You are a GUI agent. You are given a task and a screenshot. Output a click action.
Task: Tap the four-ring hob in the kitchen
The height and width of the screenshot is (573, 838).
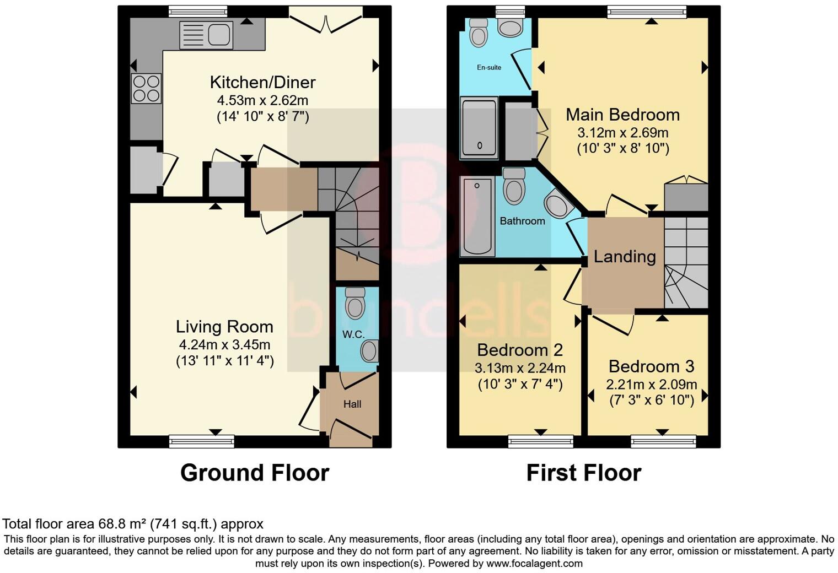(x=146, y=89)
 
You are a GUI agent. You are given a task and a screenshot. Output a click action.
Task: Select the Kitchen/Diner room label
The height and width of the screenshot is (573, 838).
(x=262, y=83)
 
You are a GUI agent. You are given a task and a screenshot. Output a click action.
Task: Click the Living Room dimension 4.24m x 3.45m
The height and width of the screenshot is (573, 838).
(x=224, y=345)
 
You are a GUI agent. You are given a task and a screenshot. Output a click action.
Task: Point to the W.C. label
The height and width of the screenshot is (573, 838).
(x=353, y=334)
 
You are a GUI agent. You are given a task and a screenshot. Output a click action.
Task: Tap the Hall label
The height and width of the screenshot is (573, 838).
(x=352, y=404)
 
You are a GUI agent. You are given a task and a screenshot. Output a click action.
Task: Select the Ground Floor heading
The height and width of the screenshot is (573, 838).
(x=255, y=473)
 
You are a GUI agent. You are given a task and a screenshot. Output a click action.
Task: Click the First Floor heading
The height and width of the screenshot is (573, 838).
(x=583, y=473)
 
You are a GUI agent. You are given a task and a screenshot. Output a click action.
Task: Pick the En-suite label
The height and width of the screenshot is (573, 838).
(x=489, y=67)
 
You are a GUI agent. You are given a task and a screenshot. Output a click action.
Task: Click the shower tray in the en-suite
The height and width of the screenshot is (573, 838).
(x=479, y=127)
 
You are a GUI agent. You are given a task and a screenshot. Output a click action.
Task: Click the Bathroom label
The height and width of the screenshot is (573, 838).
(x=522, y=221)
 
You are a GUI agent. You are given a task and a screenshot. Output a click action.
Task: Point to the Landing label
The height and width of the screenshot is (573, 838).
(x=625, y=257)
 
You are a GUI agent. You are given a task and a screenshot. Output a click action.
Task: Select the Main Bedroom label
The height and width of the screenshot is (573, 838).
(x=622, y=115)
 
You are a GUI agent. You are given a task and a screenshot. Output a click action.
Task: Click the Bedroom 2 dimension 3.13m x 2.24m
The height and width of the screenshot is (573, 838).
(x=520, y=368)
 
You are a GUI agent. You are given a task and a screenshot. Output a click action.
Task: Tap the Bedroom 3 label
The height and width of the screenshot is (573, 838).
(x=651, y=366)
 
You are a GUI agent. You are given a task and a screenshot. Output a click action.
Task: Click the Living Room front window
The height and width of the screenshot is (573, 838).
(x=201, y=441)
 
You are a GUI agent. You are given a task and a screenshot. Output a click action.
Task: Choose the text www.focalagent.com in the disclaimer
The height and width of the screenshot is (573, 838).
(x=534, y=564)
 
